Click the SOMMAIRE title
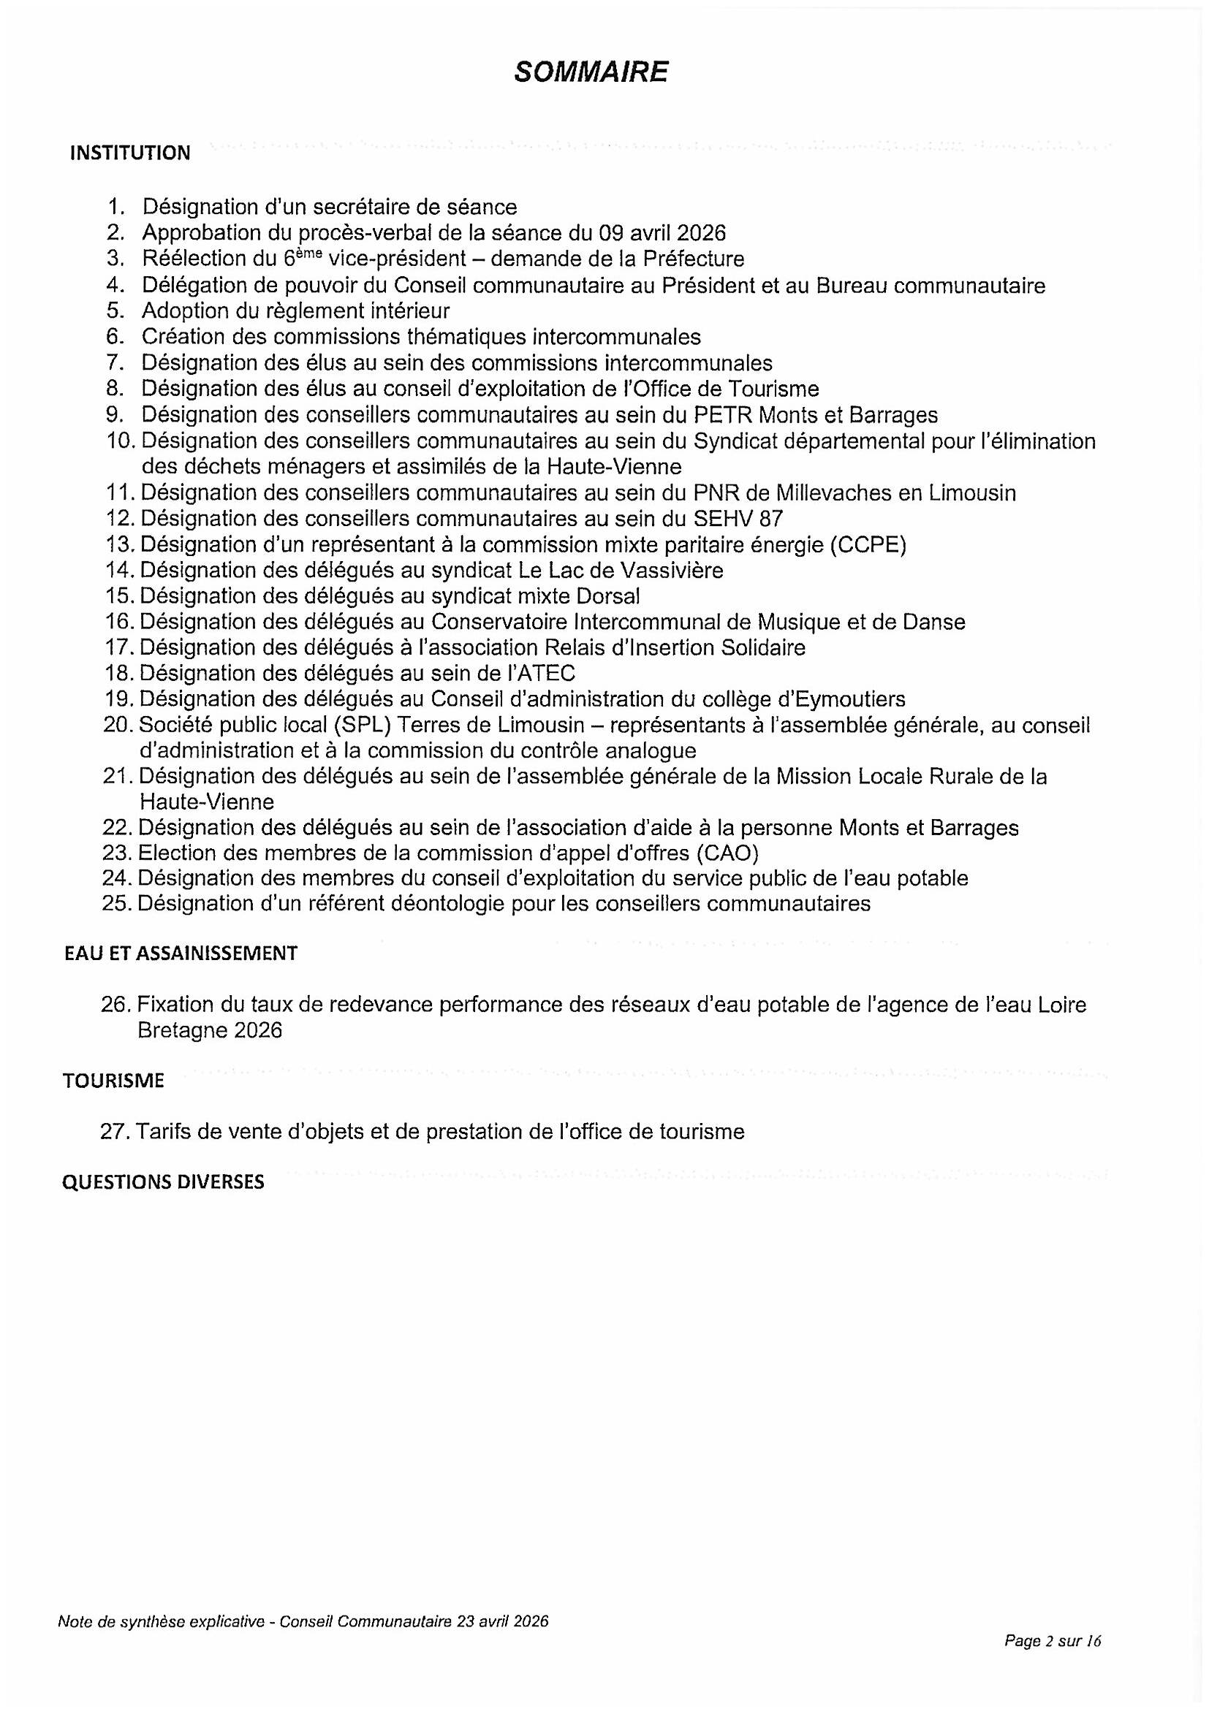[x=591, y=72]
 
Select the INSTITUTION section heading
[x=130, y=153]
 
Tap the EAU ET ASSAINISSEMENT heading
[x=181, y=954]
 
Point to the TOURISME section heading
[x=113, y=1081]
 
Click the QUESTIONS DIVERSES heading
[x=163, y=1183]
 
